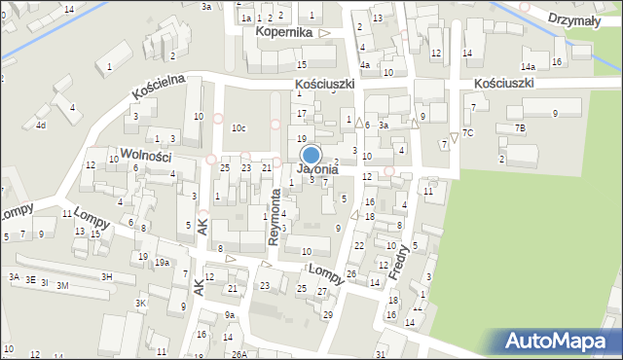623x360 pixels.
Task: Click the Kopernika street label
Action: pyautogui.click(x=284, y=32)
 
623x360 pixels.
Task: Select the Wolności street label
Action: pyautogui.click(x=140, y=157)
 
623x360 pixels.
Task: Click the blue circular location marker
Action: pyautogui.click(x=311, y=155)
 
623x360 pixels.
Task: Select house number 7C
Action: pyautogui.click(x=468, y=132)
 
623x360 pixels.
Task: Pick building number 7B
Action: pyautogui.click(x=520, y=128)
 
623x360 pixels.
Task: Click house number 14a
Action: pyautogui.click(x=528, y=66)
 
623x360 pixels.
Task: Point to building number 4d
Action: pyautogui.click(x=40, y=125)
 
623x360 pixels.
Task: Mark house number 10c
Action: pyautogui.click(x=238, y=128)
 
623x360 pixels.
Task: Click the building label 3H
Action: pyautogui.click(x=107, y=277)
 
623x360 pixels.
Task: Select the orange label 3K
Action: pyautogui.click(x=140, y=303)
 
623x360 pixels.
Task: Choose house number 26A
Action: pyautogui.click(x=238, y=353)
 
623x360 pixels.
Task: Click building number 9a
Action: pyautogui.click(x=230, y=315)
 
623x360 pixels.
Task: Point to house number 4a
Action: pyautogui.click(x=364, y=65)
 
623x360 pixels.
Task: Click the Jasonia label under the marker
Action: pyautogui.click(x=318, y=169)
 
